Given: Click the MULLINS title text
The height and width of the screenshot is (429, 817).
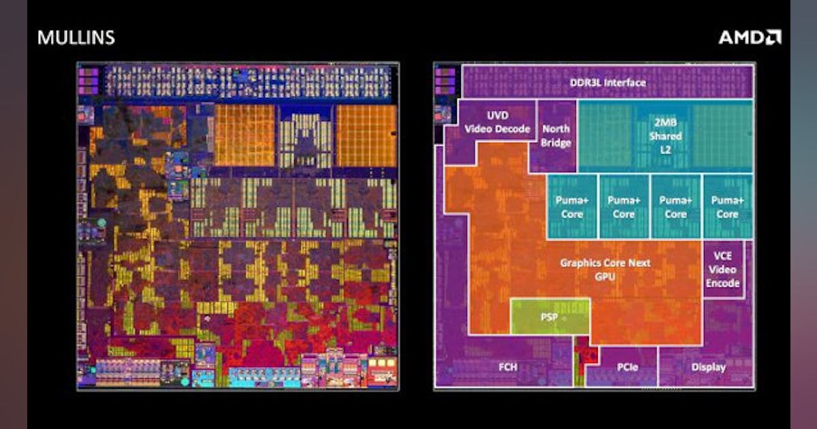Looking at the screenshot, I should (76, 37).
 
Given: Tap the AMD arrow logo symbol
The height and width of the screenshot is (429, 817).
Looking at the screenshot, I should (772, 37).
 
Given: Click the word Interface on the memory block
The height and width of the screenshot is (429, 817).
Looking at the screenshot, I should (624, 83).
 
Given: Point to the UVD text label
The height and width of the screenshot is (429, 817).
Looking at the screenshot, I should (498, 115).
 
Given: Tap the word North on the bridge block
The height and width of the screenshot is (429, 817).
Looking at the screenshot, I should (556, 129).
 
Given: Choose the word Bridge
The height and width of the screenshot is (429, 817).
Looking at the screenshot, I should (556, 143).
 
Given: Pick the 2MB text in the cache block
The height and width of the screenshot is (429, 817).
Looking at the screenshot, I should (665, 123).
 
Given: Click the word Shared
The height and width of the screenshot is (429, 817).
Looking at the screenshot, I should (665, 136).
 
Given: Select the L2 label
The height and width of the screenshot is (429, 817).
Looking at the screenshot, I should (665, 150).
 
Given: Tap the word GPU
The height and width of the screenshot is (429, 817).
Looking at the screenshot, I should (605, 276).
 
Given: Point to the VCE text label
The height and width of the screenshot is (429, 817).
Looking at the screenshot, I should (722, 255).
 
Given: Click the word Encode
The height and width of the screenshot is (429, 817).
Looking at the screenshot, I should (722, 283).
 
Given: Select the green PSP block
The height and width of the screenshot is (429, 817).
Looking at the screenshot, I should (549, 317).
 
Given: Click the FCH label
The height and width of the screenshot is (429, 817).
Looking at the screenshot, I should (507, 368).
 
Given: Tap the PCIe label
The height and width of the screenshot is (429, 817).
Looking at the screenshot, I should (627, 368).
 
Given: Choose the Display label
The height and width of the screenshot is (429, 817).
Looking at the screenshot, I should (709, 368).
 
